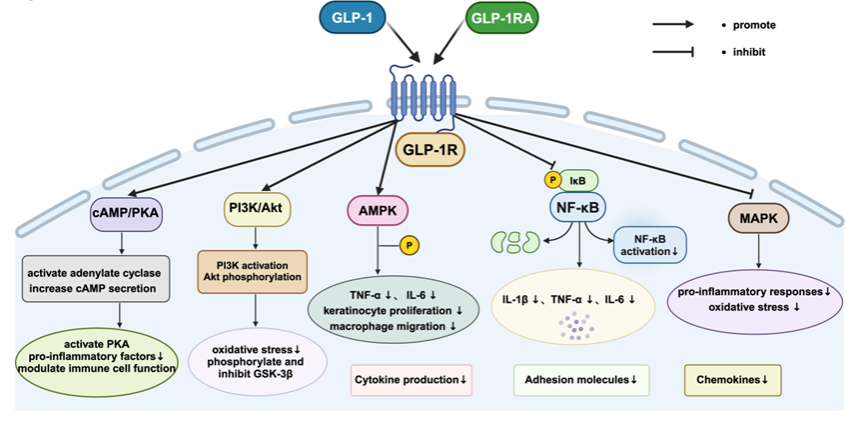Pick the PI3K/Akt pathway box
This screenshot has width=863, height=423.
(255, 208)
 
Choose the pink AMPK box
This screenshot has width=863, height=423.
(374, 212)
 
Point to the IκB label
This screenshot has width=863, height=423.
(578, 180)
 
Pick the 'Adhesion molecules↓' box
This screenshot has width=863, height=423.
(581, 380)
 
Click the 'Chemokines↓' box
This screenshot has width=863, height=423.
(732, 380)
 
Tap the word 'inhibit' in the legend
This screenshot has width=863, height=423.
(750, 51)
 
